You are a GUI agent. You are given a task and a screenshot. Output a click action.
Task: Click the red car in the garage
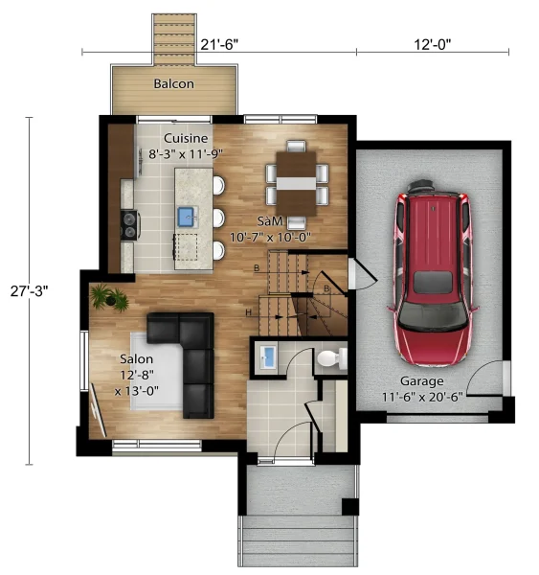tap(433, 272)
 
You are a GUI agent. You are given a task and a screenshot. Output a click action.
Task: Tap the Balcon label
tap(173, 83)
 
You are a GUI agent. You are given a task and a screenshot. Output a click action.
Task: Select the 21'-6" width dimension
tap(219, 44)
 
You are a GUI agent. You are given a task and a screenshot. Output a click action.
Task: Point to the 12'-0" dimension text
tap(433, 44)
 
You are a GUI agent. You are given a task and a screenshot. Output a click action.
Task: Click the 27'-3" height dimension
tap(30, 291)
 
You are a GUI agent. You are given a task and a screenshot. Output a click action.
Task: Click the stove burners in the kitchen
tap(129, 225)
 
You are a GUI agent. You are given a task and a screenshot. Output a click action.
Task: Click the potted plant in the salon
tap(109, 298)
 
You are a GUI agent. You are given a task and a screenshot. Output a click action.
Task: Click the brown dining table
tap(296, 184)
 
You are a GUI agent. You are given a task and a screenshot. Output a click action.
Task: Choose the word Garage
tap(422, 381)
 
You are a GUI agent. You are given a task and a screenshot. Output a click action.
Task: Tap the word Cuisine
tap(186, 138)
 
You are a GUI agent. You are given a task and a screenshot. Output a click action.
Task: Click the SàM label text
tap(270, 221)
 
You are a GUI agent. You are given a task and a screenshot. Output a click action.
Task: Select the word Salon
tap(136, 359)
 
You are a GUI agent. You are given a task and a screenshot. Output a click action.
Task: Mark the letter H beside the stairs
tap(248, 312)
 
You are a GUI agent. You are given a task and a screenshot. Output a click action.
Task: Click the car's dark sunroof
tap(433, 282)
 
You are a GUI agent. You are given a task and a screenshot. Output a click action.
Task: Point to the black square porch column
tap(350, 507)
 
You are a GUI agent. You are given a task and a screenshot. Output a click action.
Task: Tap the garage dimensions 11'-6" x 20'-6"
tap(422, 397)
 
